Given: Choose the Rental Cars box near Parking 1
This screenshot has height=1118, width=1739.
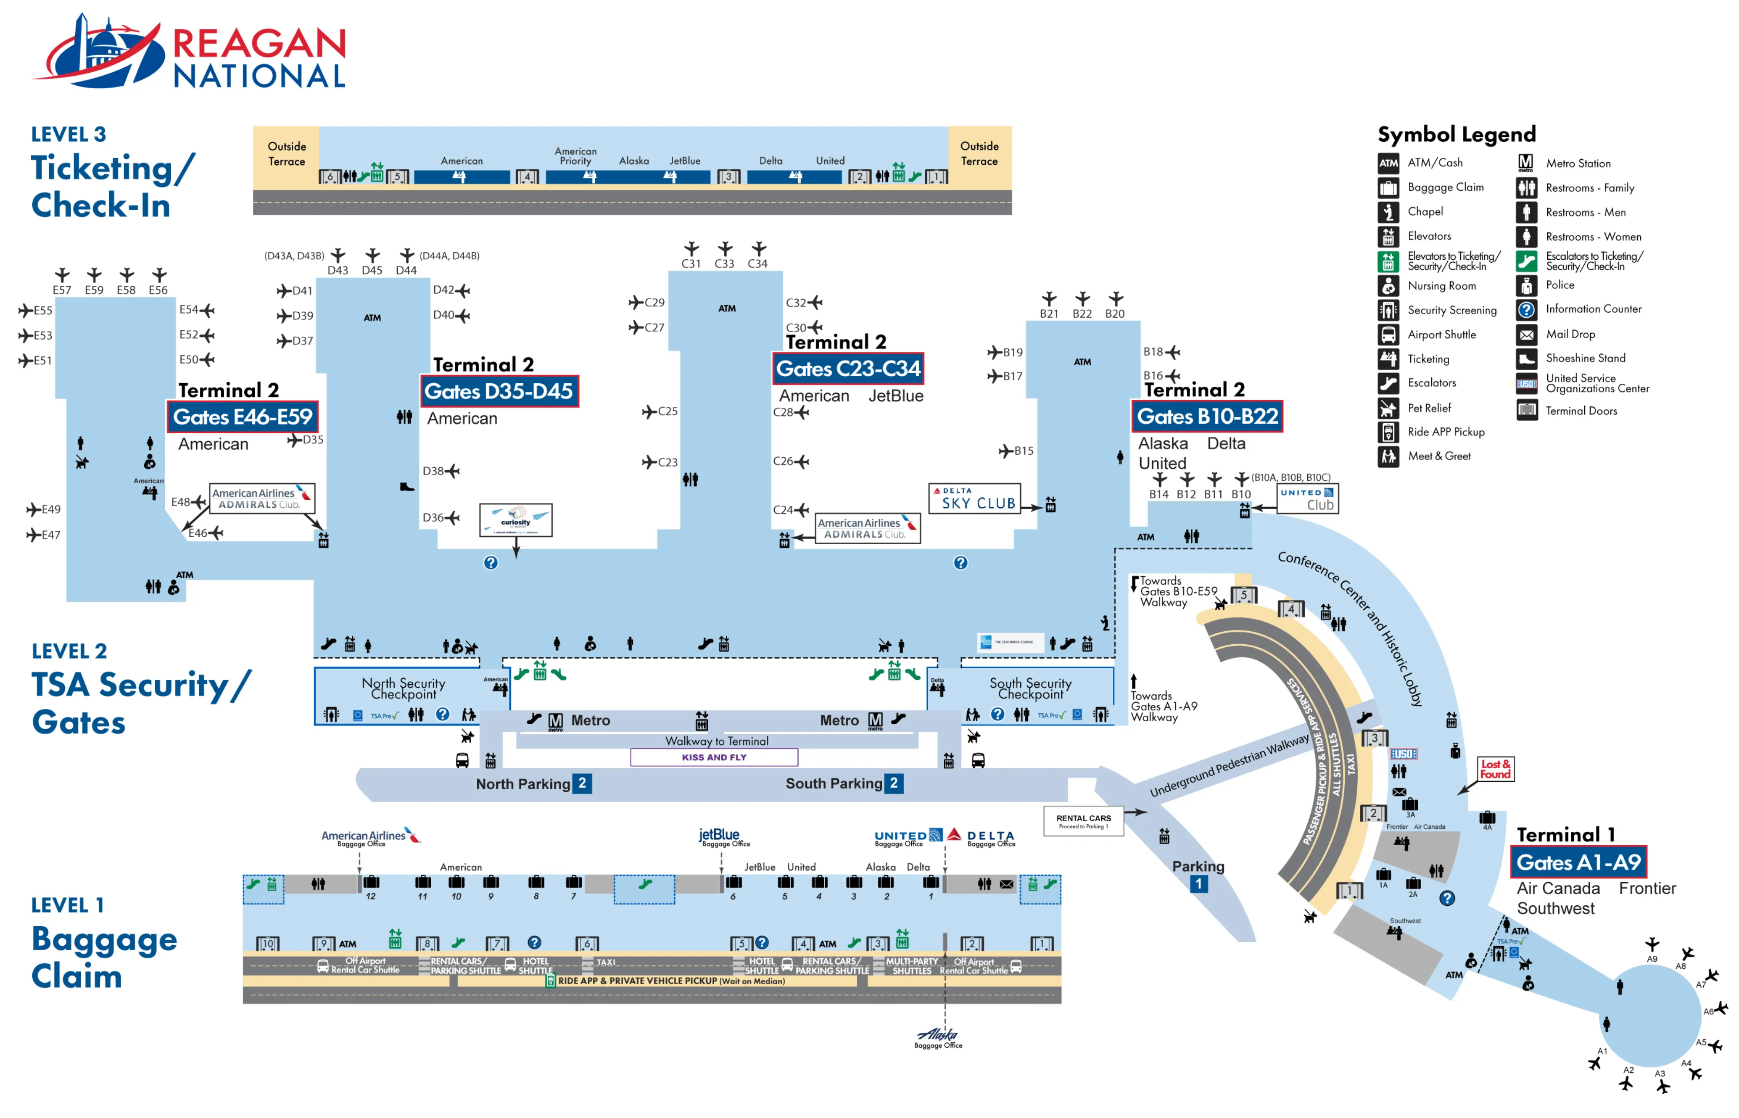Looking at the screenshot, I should (1083, 821).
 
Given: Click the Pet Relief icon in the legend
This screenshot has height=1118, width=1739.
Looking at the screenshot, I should (1387, 408).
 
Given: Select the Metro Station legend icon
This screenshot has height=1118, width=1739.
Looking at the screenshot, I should (1525, 163).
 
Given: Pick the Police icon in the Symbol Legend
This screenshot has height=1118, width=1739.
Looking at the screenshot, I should (1525, 285).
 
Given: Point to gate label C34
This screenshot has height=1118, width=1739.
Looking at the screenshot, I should (757, 264).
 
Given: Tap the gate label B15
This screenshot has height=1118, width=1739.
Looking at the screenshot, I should (1023, 451).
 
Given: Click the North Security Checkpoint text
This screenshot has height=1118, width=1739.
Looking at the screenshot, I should (403, 688).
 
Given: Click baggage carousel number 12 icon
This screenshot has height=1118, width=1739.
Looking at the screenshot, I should (371, 882).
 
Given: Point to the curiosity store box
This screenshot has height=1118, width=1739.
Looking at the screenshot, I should (515, 520).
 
